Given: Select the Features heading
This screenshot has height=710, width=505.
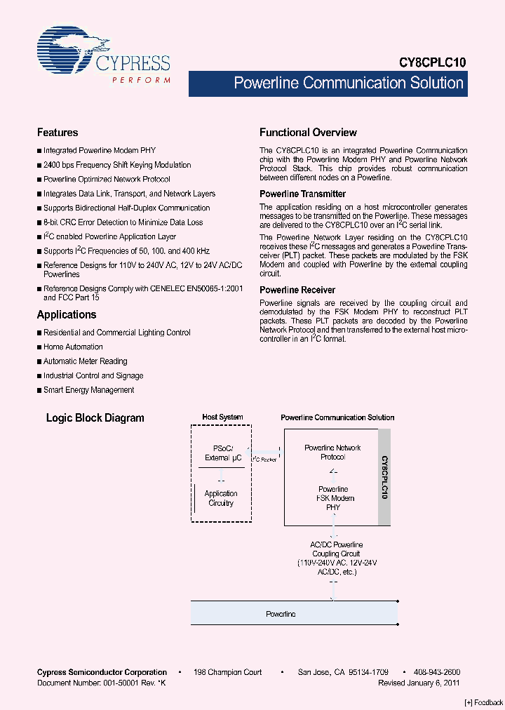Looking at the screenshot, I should tap(58, 133).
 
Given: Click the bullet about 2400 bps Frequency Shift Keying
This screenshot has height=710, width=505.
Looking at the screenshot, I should tap(116, 166).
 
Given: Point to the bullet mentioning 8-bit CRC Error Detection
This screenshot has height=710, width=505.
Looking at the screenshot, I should tap(123, 222).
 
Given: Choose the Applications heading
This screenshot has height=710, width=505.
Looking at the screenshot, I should tap(67, 315).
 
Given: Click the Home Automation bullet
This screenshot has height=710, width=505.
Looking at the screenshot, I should tap(73, 347).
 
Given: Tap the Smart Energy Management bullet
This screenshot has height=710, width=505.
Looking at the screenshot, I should tap(88, 390).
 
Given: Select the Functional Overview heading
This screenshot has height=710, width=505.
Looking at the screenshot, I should tap(308, 133).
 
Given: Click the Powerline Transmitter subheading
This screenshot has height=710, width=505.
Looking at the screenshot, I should tap(302, 194).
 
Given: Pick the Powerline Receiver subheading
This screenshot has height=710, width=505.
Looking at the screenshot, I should tap(297, 290).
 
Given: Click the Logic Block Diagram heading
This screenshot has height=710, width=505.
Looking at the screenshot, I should tap(95, 418).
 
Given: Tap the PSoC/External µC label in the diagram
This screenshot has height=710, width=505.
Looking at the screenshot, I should tap(222, 453).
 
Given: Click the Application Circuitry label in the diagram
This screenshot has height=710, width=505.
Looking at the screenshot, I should tap(221, 498).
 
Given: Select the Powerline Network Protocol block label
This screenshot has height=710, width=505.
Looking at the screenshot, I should tap(332, 453).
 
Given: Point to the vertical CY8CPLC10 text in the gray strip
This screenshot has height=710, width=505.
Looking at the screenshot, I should tap(384, 477).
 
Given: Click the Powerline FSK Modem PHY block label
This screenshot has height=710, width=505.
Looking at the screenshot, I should tap(333, 498).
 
